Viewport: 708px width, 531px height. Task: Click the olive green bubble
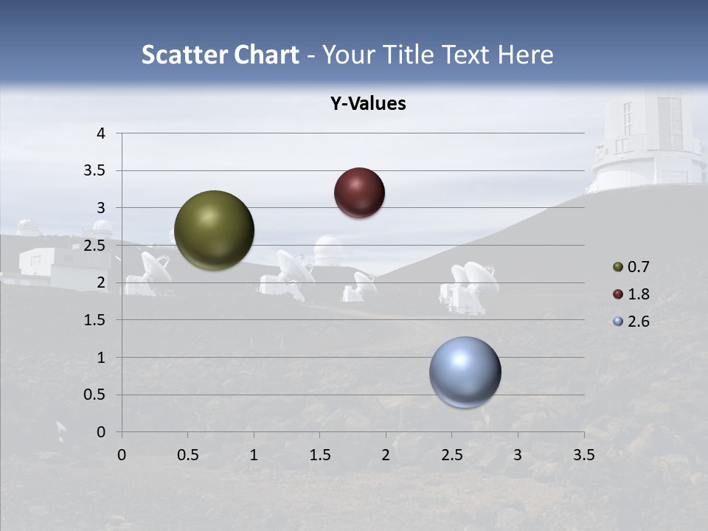(214, 230)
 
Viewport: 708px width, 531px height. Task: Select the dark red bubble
(359, 192)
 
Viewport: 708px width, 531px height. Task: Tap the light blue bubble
(465, 372)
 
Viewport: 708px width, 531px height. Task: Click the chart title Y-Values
(368, 104)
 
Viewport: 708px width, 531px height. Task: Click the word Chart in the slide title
(267, 55)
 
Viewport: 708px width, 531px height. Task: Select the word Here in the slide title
(525, 55)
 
